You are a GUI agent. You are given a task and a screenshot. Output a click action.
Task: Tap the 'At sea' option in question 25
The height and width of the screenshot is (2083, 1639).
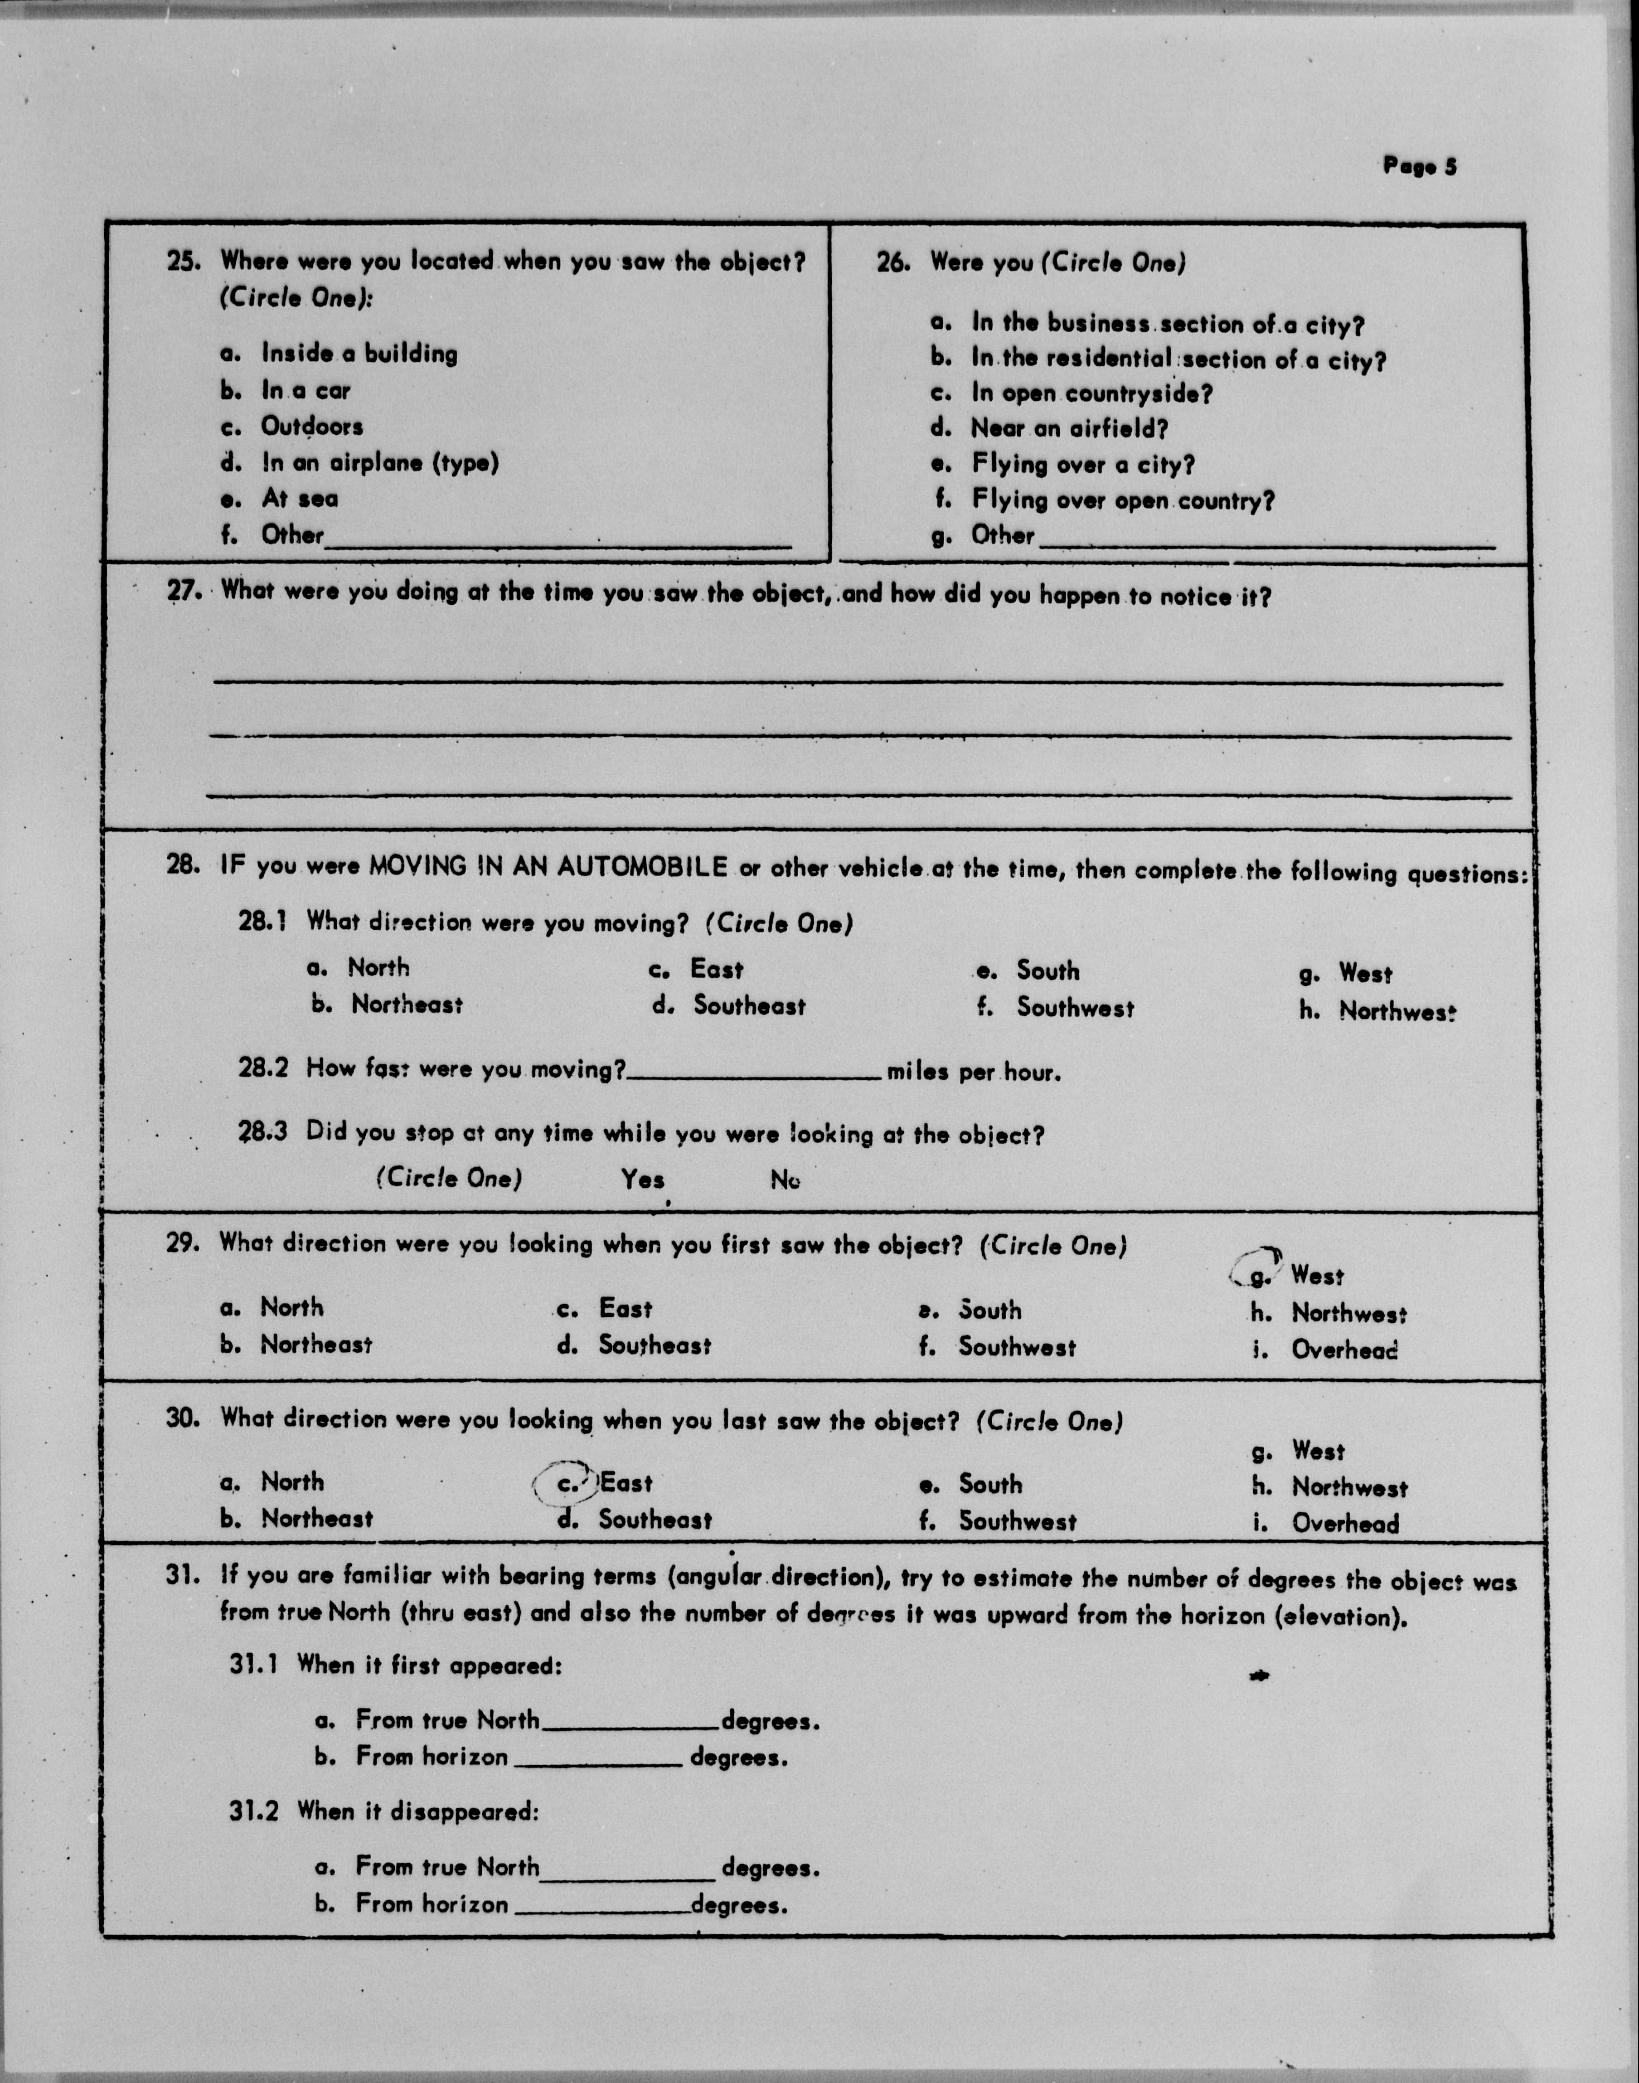(300, 498)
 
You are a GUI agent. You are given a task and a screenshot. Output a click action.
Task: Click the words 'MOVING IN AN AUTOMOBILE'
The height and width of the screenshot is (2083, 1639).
(549, 866)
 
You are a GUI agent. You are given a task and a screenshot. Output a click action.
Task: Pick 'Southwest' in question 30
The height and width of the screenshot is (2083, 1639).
(1017, 1521)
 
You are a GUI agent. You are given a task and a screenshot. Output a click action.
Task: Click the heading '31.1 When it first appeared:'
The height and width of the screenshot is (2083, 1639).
(395, 1665)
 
